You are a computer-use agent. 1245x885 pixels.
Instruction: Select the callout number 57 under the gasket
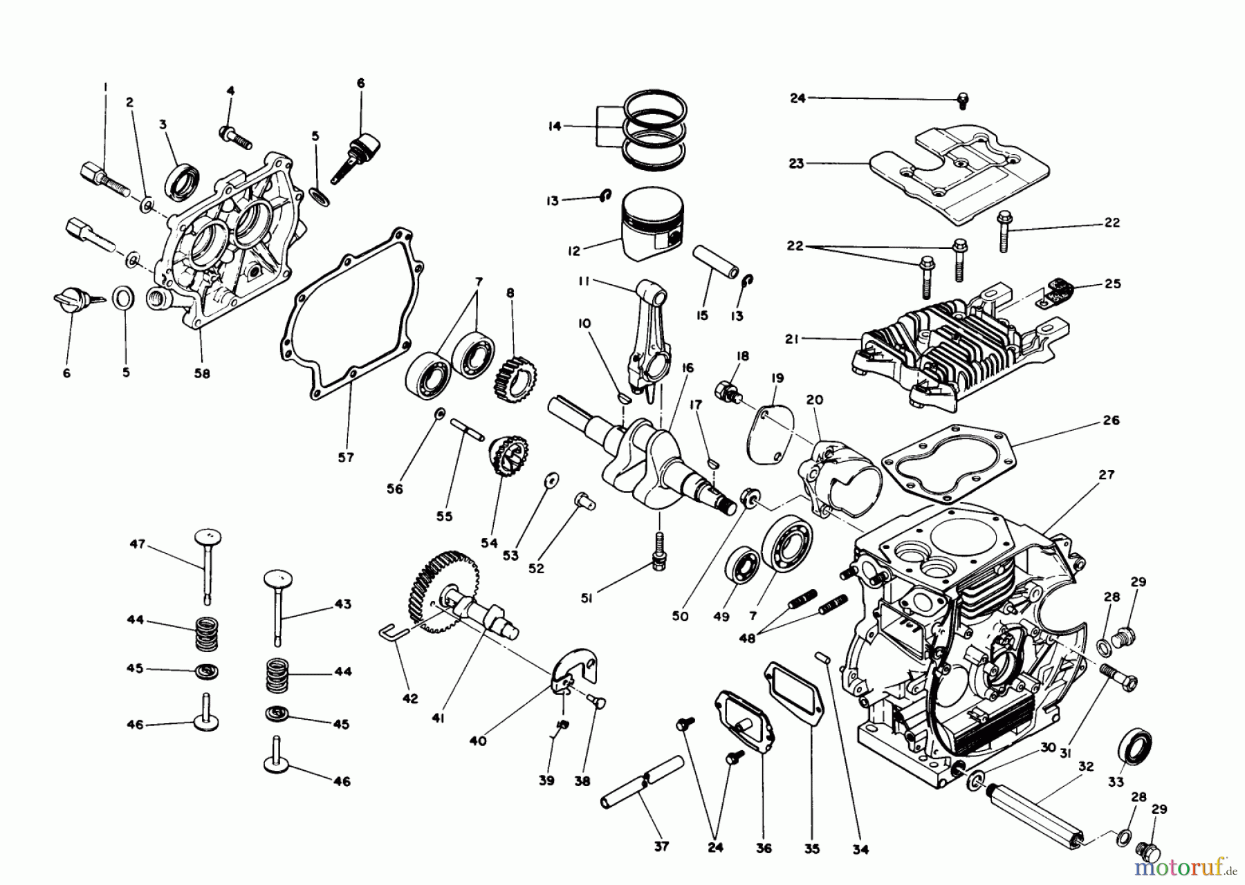(345, 457)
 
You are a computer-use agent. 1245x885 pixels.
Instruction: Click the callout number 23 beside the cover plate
(796, 164)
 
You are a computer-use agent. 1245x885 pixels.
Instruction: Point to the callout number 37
(661, 846)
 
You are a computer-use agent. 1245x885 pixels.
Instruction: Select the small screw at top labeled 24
(962, 102)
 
